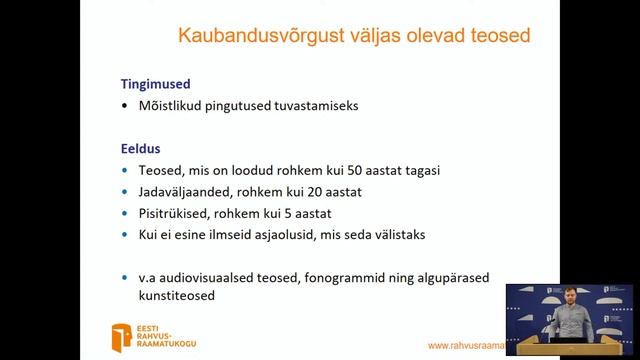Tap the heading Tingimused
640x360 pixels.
point(155,84)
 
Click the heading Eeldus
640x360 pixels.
point(141,149)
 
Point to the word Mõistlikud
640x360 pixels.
point(172,105)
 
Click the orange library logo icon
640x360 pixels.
point(122,336)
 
